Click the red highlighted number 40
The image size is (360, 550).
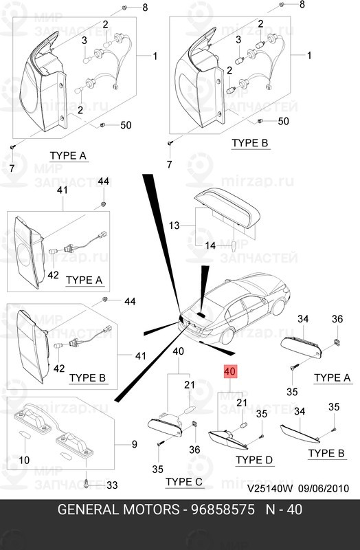pos(230,371)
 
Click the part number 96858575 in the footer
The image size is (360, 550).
pos(223,509)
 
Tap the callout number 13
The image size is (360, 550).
pos(174,225)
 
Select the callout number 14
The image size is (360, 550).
pos(210,245)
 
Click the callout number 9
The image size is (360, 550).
pos(135,444)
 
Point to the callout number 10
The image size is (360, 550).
pos(24,459)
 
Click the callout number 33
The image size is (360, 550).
pos(112,485)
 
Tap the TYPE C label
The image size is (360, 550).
pos(183,482)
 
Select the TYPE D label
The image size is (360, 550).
pos(254,460)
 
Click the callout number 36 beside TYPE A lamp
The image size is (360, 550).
pos(337,319)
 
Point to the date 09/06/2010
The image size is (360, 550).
pos(324,488)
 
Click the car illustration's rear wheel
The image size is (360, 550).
pos(227,336)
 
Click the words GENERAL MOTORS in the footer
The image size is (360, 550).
pos(118,509)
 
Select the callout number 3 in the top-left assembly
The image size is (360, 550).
pos(84,41)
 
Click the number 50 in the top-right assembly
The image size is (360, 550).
pos(283,121)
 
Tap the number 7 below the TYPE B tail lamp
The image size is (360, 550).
pos(169,164)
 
